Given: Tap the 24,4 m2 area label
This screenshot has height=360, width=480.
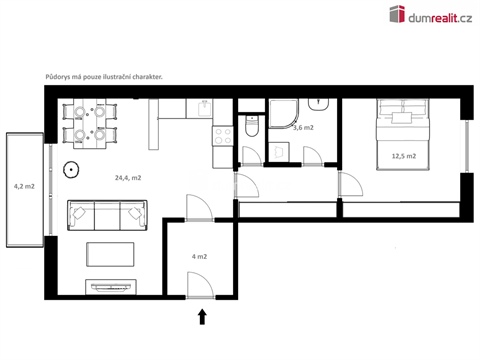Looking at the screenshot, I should [127, 178].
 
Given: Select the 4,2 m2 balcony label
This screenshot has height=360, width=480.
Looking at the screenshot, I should [23, 186].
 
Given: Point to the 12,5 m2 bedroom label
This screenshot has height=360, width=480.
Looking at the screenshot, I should [404, 156].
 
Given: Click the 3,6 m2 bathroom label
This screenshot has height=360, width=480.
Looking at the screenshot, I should [302, 128].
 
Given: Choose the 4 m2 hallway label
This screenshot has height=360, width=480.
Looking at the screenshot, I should [198, 257].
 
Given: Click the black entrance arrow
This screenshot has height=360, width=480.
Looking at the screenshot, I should [203, 317].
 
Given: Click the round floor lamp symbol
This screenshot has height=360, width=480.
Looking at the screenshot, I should [71, 169].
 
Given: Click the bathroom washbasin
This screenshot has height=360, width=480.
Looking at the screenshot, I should [322, 104].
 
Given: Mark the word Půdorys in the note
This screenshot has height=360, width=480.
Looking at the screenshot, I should [61, 77].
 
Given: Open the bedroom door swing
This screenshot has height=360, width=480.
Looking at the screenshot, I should [350, 184].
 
